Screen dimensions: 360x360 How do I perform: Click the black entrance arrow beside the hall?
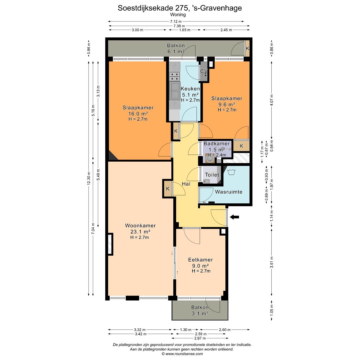click(234, 217)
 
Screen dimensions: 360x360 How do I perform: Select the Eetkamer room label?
click(200, 260)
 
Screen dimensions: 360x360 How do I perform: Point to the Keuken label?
click(190, 89)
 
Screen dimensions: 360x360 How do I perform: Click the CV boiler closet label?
click(204, 71)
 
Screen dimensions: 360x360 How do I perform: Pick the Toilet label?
click(212, 175)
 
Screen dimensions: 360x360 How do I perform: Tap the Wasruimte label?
click(229, 192)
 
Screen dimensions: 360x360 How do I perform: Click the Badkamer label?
click(217, 143)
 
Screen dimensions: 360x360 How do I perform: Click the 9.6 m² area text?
click(227, 104)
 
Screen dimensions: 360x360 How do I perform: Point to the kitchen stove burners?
click(174, 76)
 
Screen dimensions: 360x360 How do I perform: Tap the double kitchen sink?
click(175, 91)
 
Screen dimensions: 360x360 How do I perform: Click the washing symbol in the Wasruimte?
click(231, 172)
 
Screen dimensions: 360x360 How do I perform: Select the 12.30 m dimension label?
click(89, 178)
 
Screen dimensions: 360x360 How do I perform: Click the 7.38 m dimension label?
click(179, 26)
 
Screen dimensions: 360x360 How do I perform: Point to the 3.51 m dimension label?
click(272, 262)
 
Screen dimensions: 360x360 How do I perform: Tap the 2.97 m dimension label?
click(200, 338)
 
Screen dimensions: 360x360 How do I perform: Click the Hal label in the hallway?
click(186, 184)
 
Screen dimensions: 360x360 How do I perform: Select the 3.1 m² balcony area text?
click(200, 313)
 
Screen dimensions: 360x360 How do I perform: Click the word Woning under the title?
click(178, 14)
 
